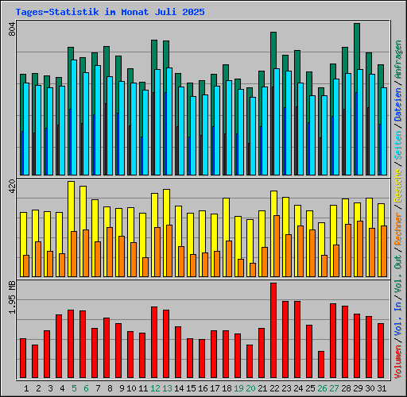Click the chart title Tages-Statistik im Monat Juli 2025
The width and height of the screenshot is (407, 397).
tap(110, 13)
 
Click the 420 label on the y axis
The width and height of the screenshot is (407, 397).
tap(11, 187)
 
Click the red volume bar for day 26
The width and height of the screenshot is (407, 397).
tap(321, 365)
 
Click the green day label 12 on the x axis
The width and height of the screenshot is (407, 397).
tap(154, 388)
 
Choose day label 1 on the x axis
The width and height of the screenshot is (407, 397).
tap(27, 388)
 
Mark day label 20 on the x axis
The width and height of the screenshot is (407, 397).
tap(250, 388)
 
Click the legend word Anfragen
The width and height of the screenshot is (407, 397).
tap(398, 60)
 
